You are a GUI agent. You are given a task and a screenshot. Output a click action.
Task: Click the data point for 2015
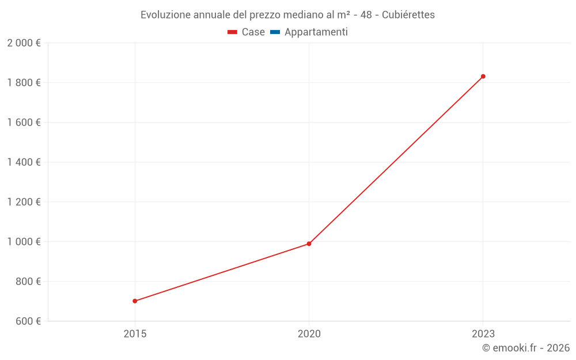[x=135, y=301]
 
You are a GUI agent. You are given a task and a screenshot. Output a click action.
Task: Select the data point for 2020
[x=309, y=244]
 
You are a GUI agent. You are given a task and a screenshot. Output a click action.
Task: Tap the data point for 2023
[x=483, y=76]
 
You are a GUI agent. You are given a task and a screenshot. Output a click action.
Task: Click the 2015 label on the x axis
[x=135, y=334]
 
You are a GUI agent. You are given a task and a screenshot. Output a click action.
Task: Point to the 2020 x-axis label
[x=309, y=334]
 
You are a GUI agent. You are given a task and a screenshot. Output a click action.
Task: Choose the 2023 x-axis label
[x=483, y=334]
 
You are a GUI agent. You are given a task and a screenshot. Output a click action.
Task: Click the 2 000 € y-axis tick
[x=24, y=43]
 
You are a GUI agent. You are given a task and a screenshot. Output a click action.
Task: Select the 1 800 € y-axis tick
[x=24, y=83]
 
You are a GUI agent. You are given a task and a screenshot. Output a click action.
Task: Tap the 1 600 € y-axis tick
[x=24, y=123]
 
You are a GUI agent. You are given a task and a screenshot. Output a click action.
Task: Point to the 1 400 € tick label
[x=24, y=162]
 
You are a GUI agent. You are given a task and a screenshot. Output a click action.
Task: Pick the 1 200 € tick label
[x=24, y=202]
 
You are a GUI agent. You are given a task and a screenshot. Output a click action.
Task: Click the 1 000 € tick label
[x=24, y=242]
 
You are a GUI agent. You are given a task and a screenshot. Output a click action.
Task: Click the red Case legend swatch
[x=232, y=32]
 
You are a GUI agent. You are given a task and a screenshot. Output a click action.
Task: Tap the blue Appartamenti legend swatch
[x=275, y=32]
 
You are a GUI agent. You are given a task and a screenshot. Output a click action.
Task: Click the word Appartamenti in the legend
[x=316, y=32]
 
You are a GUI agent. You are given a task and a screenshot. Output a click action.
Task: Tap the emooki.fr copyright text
[x=526, y=348]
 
